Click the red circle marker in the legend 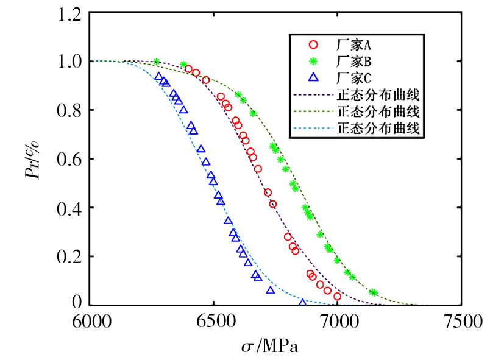point(314,44)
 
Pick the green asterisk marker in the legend point(314,61)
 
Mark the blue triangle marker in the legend point(314,77)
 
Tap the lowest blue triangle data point point(303,302)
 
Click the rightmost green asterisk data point point(374,292)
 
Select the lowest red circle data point point(337,296)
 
